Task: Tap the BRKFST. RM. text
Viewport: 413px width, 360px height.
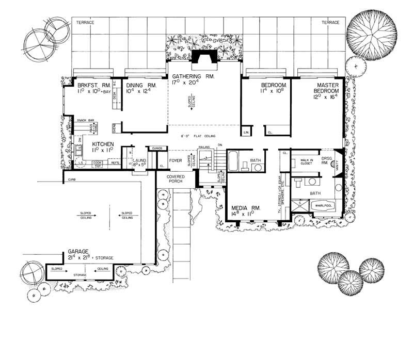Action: coord(91,85)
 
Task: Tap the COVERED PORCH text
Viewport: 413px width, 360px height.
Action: coord(176,179)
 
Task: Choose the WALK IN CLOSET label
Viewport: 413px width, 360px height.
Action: coord(309,162)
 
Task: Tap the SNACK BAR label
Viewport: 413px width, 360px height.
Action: coord(85,120)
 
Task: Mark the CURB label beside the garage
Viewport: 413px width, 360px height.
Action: coord(71,180)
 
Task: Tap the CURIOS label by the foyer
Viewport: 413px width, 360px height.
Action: coord(157,148)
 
